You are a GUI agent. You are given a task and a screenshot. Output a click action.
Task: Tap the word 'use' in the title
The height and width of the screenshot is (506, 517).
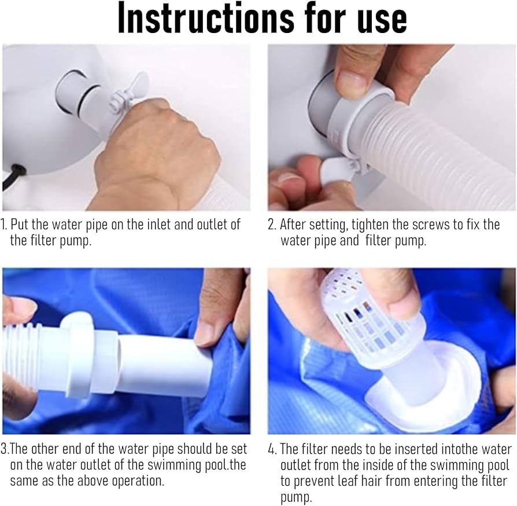click(x=382, y=21)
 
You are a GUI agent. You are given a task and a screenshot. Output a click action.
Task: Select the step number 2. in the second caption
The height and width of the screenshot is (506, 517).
click(x=271, y=225)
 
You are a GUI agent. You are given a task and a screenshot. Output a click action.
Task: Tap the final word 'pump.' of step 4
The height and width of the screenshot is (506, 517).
click(x=296, y=497)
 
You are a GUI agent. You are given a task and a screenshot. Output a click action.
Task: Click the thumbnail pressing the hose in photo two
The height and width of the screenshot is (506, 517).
click(x=352, y=83)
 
